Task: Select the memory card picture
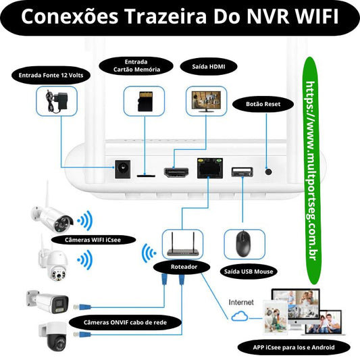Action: click(143, 101)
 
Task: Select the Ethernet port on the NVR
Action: click(207, 168)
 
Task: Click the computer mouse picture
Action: click(242, 244)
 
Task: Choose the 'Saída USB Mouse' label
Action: click(249, 272)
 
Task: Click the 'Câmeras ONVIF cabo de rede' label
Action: click(126, 323)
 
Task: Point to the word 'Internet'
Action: click(241, 302)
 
